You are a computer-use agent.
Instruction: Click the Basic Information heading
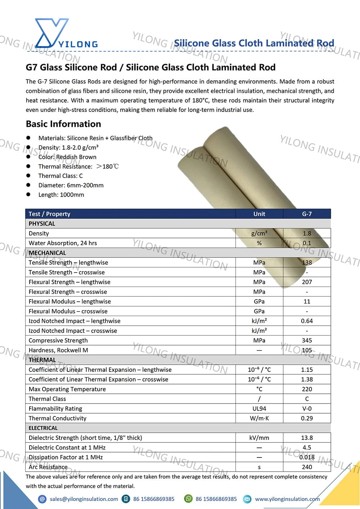pyautogui.click(x=63, y=124)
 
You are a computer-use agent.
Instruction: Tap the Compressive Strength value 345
pyautogui.click(x=307, y=340)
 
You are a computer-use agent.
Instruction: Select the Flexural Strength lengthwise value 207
pyautogui.click(x=307, y=282)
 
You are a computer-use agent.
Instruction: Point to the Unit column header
pyautogui.click(x=259, y=214)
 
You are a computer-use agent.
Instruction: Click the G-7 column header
pyautogui.click(x=307, y=214)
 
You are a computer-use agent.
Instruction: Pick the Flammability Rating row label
pyautogui.click(x=55, y=409)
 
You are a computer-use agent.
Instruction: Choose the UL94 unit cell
pyautogui.click(x=259, y=409)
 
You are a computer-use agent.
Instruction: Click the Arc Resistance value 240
pyautogui.click(x=307, y=467)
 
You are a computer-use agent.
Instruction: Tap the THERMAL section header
pyautogui.click(x=42, y=360)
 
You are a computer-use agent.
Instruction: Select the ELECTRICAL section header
pyautogui.click(x=43, y=428)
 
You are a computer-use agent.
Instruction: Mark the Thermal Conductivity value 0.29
pyautogui.click(x=307, y=418)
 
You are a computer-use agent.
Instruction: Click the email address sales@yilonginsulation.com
pyautogui.click(x=84, y=499)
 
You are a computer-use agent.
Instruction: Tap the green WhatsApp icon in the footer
pyautogui.click(x=188, y=499)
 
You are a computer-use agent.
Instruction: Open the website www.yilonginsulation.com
pyautogui.click(x=287, y=499)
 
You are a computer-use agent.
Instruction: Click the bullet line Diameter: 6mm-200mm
pyautogui.click(x=71, y=185)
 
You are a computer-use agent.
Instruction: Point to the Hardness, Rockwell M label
pyautogui.click(x=58, y=350)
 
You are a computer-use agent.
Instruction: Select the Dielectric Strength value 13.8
pyautogui.click(x=307, y=438)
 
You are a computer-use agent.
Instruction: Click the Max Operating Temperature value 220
pyautogui.click(x=307, y=389)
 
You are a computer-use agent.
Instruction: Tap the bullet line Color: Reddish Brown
pyautogui.click(x=67, y=157)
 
